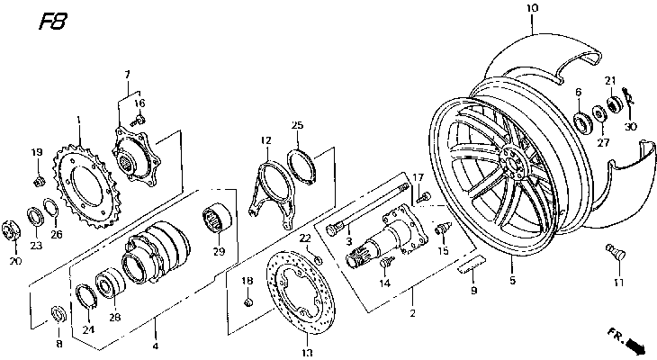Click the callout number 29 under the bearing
pos(217,252)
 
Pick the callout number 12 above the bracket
pos(265,140)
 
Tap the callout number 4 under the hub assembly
pos(154,346)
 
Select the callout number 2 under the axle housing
pos(411,313)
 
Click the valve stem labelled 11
pos(616,255)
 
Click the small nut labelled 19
pos(38,182)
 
